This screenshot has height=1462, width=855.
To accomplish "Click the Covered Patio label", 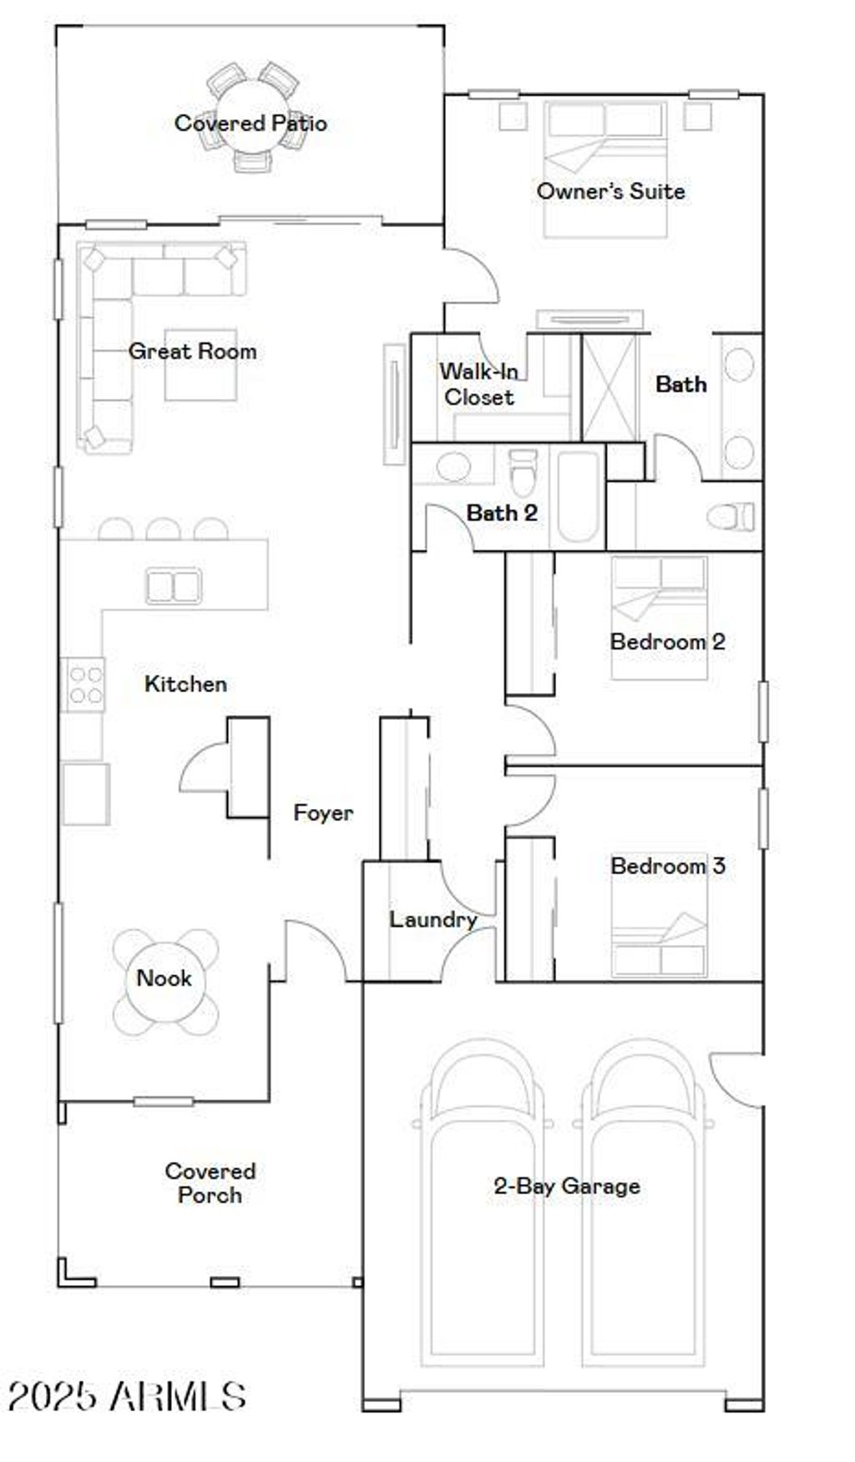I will tap(250, 124).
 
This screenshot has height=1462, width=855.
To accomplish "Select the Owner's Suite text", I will tap(610, 191).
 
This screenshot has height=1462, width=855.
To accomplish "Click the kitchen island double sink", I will tap(174, 585).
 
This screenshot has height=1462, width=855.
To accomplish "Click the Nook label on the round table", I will tap(164, 978).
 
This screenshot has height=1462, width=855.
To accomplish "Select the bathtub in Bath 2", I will tap(578, 496).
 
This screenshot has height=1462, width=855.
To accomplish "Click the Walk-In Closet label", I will tap(478, 384).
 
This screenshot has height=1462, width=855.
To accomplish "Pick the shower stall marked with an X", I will tap(609, 387).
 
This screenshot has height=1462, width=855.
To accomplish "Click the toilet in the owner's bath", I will tap(731, 516).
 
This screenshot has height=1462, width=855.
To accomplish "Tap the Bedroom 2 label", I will tap(667, 642).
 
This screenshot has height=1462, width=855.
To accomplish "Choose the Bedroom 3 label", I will tap(667, 866).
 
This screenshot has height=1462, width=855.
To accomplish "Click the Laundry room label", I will tap(433, 919).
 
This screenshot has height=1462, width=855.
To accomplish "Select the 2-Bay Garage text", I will tap(567, 1186).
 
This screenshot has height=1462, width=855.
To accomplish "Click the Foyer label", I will tap(323, 812).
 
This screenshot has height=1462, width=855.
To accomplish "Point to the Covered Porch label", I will tap(210, 1183).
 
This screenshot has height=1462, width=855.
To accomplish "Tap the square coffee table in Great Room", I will tap(200, 365).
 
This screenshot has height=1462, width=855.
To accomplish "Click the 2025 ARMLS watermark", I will tap(127, 1395).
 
